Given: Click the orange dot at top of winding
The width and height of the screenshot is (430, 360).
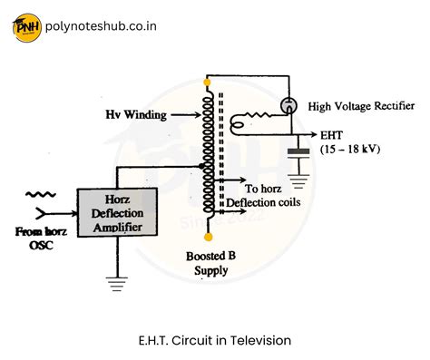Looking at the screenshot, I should pyautogui.click(x=208, y=83).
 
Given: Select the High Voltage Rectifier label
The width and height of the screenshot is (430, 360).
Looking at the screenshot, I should pyautogui.click(x=358, y=107).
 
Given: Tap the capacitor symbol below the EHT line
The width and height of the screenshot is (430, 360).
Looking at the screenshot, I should pyautogui.click(x=295, y=151).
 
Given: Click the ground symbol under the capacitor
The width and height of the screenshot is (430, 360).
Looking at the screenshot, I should pyautogui.click(x=295, y=174).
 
